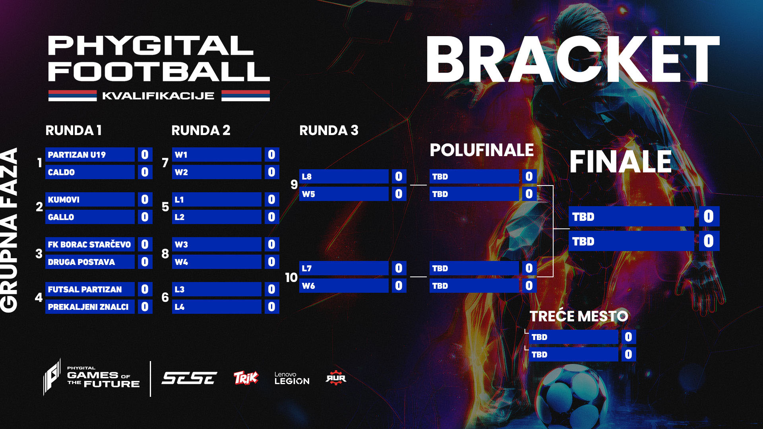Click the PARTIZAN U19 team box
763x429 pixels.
pos(90,155)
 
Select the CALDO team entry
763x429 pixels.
pos(90,172)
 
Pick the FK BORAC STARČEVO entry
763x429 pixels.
pos(90,244)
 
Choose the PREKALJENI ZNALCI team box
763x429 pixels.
pos(90,307)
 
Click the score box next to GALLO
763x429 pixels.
pos(145,217)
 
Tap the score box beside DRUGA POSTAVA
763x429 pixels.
pos(145,262)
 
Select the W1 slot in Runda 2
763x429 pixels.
pos(217,155)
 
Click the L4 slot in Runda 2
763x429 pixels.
pos(217,307)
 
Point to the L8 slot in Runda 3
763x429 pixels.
pos(344,176)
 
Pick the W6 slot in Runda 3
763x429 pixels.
pos(344,286)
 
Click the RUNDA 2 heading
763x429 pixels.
pos(201,130)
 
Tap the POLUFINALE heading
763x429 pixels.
pos(482,150)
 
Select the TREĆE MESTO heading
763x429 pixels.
pos(579,316)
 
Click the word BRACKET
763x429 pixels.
pos(572,60)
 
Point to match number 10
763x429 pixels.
pos(291,277)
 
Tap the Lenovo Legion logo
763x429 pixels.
pos(292,378)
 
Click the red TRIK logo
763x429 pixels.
pos(246,378)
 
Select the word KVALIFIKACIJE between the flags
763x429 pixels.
pos(158,96)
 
